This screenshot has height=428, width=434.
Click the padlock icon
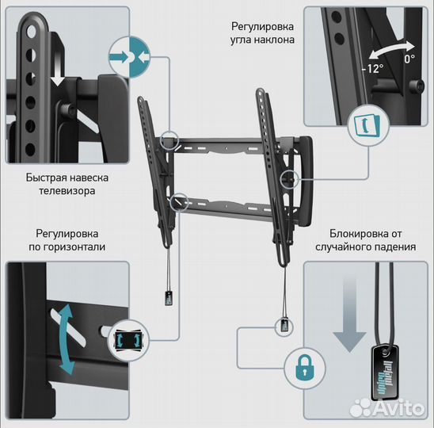click(x=304, y=369)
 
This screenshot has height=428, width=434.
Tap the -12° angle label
click(x=372, y=68)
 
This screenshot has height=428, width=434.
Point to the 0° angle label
click(x=409, y=59)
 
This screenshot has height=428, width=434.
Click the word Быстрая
click(x=46, y=178)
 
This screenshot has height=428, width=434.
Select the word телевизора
click(x=67, y=191)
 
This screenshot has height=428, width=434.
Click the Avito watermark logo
click(x=387, y=408)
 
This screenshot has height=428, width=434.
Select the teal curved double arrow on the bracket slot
click(x=67, y=338)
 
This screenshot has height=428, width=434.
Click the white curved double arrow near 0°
click(x=391, y=49)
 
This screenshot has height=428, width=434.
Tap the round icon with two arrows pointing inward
click(x=129, y=57)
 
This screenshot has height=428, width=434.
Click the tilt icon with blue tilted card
click(x=368, y=126)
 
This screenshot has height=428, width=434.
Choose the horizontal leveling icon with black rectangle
click(x=128, y=341)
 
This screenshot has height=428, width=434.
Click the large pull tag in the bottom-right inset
click(x=385, y=372)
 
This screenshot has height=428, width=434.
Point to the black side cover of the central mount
click(x=305, y=181)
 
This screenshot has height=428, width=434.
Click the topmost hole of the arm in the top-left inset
click(x=31, y=31)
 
